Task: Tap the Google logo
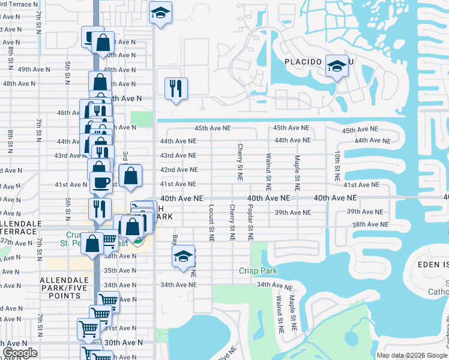[20, 353]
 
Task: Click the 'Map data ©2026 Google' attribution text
[411, 355]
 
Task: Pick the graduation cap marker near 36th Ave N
[184, 257]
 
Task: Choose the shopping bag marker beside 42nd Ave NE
[130, 176]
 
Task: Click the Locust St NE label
[211, 222]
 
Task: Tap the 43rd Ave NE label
[178, 155]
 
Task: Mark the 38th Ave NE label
[367, 224]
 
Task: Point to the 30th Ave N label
[123, 342]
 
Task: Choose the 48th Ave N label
[18, 83]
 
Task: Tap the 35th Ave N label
[119, 271]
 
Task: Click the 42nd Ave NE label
[178, 170]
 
